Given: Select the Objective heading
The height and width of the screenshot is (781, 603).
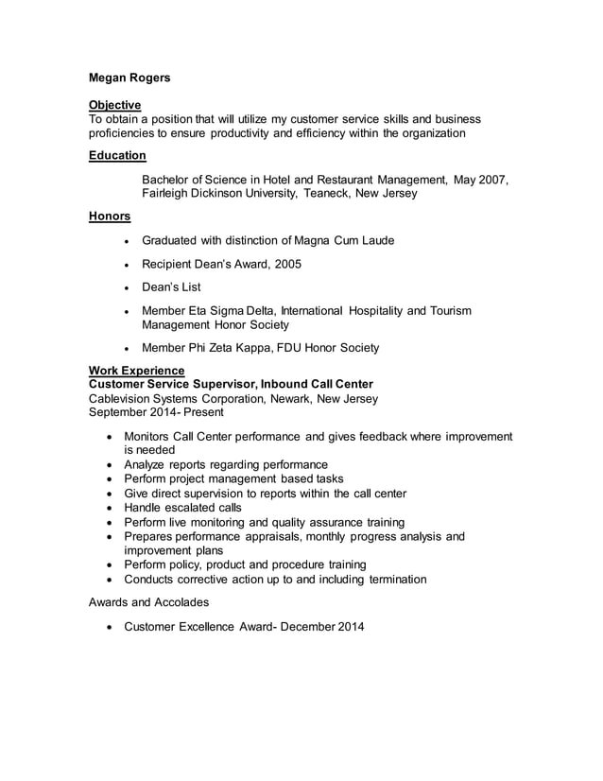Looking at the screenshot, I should point(114,105).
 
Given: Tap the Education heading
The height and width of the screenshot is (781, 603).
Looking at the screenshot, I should point(117,155).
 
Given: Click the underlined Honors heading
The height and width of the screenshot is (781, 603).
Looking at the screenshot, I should point(110,217).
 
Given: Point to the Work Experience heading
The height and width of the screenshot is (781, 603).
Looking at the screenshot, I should point(136,370).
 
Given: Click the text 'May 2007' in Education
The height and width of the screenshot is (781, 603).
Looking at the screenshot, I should point(480,180).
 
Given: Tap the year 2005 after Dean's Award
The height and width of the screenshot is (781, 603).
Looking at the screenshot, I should point(286,265).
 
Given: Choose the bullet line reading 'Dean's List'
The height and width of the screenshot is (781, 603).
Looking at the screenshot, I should point(170,287).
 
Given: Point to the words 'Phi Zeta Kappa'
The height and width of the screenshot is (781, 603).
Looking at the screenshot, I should point(230,348).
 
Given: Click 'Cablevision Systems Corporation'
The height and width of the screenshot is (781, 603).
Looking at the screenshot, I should point(183,398).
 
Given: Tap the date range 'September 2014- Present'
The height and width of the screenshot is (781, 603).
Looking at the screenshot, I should point(156,412).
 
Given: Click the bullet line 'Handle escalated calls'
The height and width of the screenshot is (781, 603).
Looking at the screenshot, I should point(182,508).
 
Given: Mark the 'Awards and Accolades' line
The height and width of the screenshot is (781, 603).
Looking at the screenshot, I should point(149,601).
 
